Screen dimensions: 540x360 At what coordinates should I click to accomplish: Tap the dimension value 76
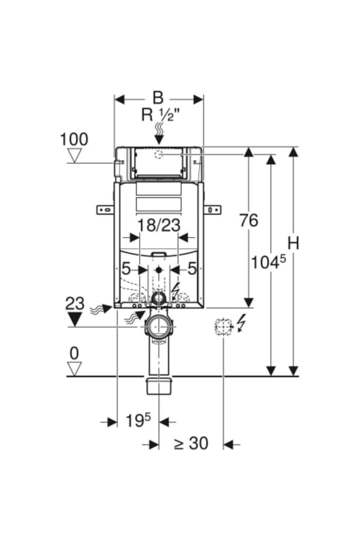click(249, 221)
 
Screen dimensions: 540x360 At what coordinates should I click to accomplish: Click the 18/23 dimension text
click(159, 225)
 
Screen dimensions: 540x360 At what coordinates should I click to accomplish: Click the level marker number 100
click(74, 139)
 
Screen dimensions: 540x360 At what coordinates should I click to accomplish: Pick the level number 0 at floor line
click(74, 354)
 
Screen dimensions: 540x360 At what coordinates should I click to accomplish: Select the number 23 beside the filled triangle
click(75, 304)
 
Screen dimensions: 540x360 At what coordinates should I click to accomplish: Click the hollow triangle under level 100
click(74, 155)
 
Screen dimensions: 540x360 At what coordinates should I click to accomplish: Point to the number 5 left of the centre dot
click(126, 269)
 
